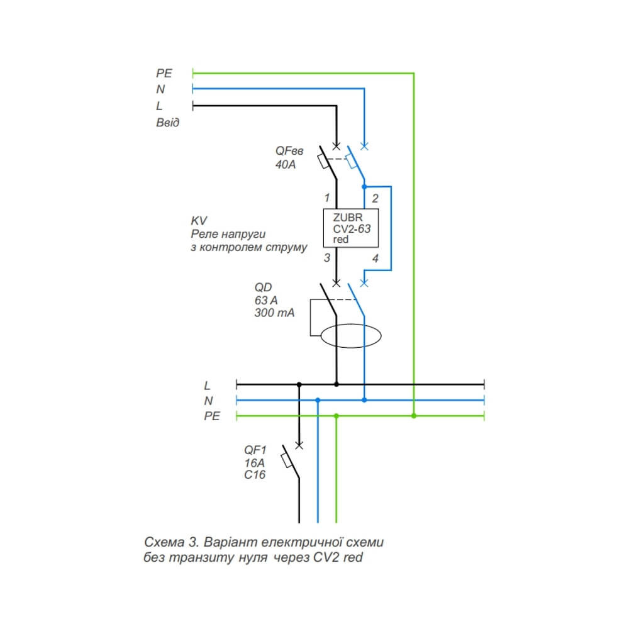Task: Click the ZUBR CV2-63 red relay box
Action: click(x=352, y=228)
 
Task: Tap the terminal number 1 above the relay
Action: click(x=326, y=198)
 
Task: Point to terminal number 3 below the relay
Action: click(x=326, y=258)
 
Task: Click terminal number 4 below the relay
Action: click(x=376, y=258)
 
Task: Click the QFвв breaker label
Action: click(x=289, y=152)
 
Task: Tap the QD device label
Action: click(x=263, y=287)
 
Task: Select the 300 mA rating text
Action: click(x=274, y=313)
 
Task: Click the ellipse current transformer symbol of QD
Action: click(x=351, y=337)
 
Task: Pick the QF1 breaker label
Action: click(x=256, y=450)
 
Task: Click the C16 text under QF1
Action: click(x=255, y=475)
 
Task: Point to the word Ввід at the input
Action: click(x=167, y=123)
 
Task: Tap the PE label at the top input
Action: click(x=164, y=74)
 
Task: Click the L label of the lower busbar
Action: click(x=208, y=384)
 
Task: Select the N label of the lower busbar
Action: click(x=208, y=401)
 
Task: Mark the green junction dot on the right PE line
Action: click(x=413, y=416)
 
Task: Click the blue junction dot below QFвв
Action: click(x=364, y=186)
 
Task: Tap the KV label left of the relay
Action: click(x=199, y=221)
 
